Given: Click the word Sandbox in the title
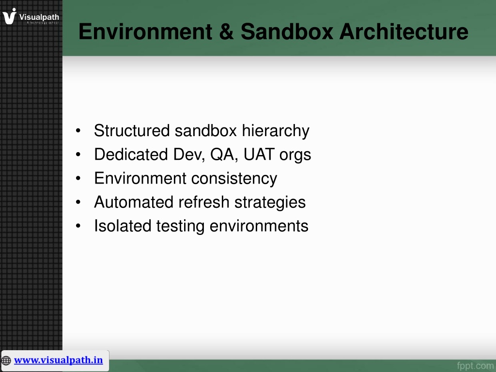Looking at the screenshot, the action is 287,31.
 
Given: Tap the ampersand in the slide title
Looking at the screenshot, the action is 226,31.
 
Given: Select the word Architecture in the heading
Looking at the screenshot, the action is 404,31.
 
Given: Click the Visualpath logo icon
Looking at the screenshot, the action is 9,16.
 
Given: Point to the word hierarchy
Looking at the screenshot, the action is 276,131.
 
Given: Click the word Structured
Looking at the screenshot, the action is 132,130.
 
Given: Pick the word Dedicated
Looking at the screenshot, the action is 131,155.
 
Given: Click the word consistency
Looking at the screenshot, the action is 234,179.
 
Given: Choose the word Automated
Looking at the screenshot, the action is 134,202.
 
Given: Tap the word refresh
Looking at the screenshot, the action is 204,202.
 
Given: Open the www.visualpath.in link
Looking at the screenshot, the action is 58,360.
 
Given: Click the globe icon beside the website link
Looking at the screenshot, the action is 6,360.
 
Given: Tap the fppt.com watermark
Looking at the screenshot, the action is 475,366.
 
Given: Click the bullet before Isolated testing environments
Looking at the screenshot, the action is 78,226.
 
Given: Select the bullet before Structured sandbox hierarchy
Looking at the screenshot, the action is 78,131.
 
